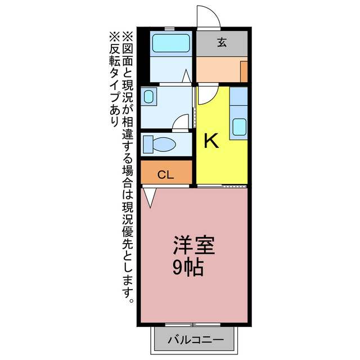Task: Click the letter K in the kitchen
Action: tap(211, 141)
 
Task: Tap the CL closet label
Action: tap(165, 174)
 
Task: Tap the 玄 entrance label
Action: tap(222, 41)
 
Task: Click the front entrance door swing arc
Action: tap(208, 16)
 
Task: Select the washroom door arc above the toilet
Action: tap(181, 121)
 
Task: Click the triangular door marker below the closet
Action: tap(150, 197)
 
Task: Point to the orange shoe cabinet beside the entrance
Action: tap(244, 72)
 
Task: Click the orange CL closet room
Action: tap(166, 172)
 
